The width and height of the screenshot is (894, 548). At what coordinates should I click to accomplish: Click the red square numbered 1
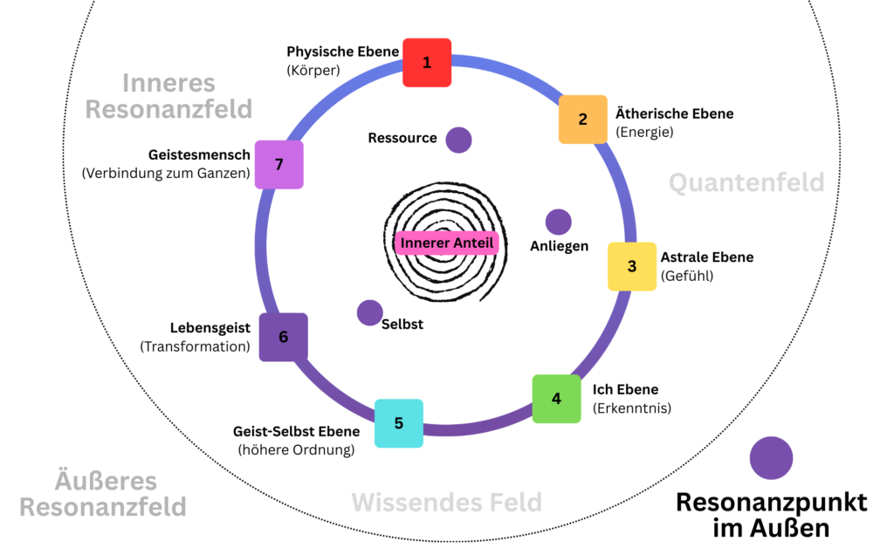click(x=427, y=63)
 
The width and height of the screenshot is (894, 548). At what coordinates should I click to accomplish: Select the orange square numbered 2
click(x=583, y=120)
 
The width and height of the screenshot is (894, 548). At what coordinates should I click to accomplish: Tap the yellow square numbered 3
click(x=632, y=266)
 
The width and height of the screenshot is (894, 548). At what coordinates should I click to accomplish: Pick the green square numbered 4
click(x=556, y=399)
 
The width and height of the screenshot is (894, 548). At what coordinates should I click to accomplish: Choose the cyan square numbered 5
click(x=399, y=423)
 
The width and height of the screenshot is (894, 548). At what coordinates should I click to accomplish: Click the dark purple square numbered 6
click(x=283, y=337)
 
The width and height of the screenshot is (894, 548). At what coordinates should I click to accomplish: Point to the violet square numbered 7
click(x=279, y=164)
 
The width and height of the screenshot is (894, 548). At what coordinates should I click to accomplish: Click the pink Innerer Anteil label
click(x=446, y=243)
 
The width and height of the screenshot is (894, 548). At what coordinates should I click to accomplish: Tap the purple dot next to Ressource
click(x=458, y=140)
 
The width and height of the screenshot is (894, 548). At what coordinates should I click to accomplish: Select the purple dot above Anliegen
click(x=558, y=223)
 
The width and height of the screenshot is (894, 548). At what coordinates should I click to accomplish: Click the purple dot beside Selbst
click(x=370, y=312)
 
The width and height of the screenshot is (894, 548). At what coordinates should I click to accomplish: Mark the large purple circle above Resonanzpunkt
click(x=771, y=458)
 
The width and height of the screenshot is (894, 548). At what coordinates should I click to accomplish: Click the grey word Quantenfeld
click(x=746, y=182)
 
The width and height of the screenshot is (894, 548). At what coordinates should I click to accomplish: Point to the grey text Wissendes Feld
click(x=447, y=503)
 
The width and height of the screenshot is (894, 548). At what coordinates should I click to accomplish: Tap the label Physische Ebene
click(x=343, y=51)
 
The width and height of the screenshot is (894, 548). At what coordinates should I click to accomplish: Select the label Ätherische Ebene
click(x=675, y=114)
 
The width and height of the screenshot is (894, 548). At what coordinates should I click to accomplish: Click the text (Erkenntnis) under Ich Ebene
click(x=632, y=407)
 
